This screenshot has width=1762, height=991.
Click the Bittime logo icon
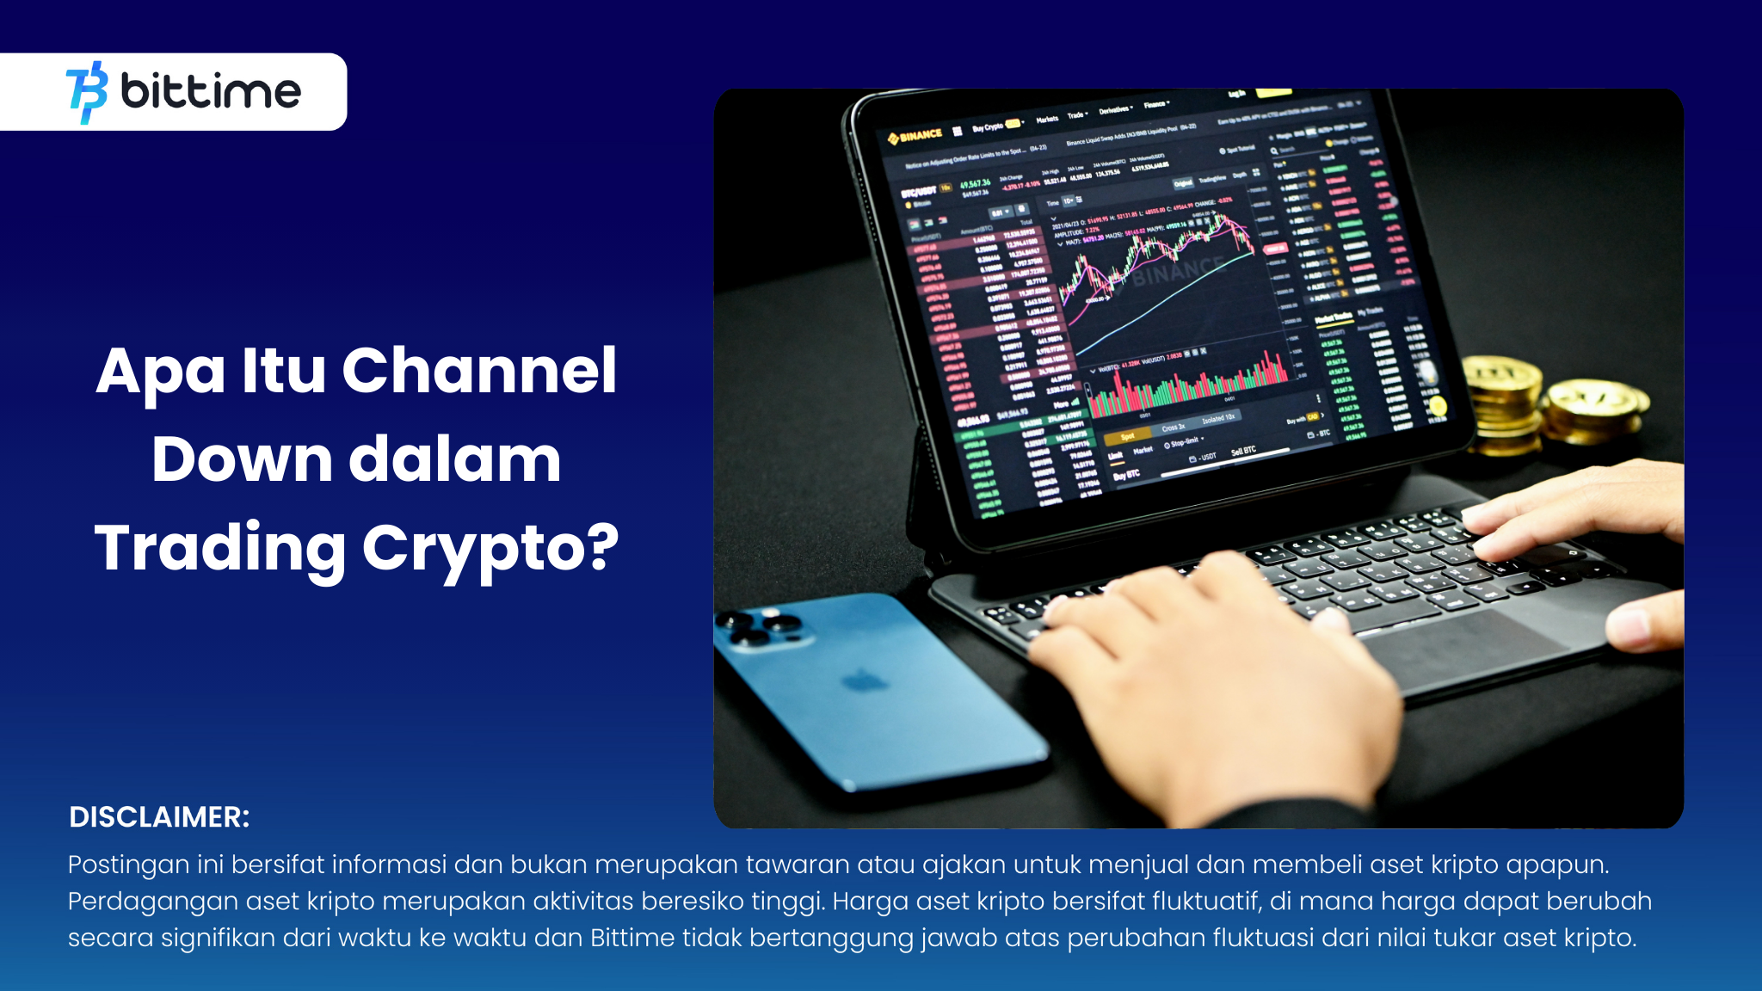(x=87, y=92)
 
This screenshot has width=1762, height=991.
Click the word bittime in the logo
(x=211, y=91)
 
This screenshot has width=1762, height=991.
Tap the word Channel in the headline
(x=479, y=371)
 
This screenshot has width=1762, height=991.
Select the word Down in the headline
(x=242, y=459)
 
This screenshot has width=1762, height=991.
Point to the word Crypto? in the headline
(x=490, y=548)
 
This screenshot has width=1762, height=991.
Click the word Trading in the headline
(x=220, y=548)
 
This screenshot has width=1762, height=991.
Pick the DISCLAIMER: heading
(x=159, y=817)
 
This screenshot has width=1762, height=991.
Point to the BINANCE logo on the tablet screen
(x=915, y=135)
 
